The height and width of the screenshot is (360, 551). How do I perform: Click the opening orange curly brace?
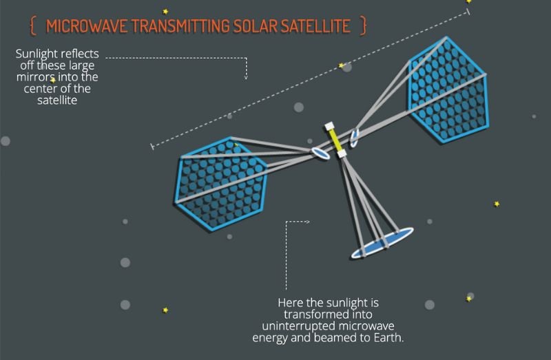click(33, 27)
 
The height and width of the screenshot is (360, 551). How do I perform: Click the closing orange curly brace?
click(363, 27)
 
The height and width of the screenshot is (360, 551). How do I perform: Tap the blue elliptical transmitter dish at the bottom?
click(382, 242)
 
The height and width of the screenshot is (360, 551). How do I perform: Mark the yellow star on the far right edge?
click(497, 204)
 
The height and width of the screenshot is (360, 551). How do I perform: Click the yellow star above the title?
click(165, 12)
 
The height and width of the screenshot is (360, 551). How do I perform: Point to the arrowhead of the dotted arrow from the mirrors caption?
click(246, 77)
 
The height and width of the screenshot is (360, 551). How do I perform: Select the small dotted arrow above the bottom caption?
click(298, 222)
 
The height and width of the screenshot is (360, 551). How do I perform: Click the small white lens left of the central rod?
click(319, 152)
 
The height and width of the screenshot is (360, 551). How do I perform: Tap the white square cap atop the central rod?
click(331, 126)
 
